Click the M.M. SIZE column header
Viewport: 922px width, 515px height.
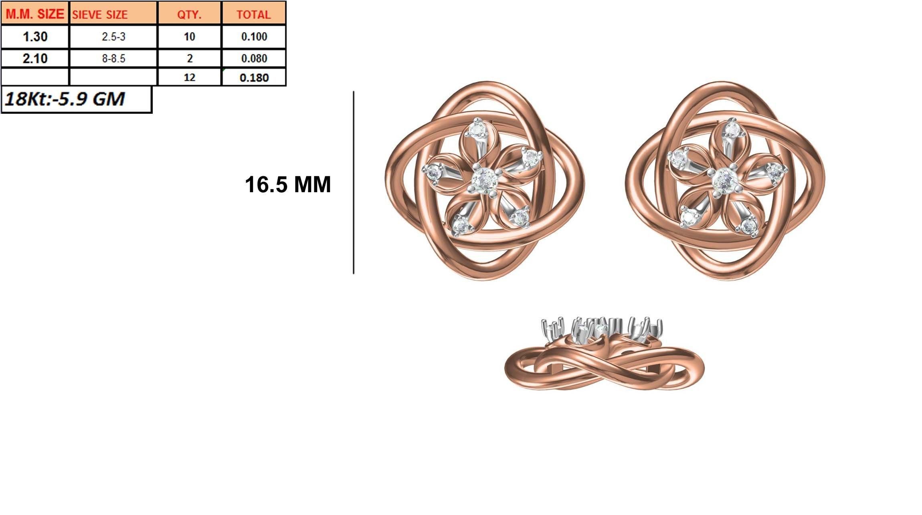click(35, 14)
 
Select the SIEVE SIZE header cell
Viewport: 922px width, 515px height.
click(113, 14)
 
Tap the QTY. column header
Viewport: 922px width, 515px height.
click(189, 14)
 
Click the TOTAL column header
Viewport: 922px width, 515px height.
click(253, 14)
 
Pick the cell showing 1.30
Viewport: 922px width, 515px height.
click(35, 37)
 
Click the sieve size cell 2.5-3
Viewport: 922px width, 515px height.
click(113, 37)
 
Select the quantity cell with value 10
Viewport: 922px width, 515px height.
click(189, 37)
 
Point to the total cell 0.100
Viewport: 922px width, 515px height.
click(254, 37)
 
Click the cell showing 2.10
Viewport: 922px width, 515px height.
click(35, 58)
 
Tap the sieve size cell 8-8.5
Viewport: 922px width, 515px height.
click(113, 58)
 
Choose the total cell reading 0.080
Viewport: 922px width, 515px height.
click(254, 58)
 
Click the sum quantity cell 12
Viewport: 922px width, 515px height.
click(189, 77)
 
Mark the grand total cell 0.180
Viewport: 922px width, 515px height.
click(254, 77)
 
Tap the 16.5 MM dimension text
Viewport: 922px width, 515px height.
click(288, 185)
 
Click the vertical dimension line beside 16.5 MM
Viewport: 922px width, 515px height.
click(354, 183)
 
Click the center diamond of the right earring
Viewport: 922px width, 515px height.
click(725, 181)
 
